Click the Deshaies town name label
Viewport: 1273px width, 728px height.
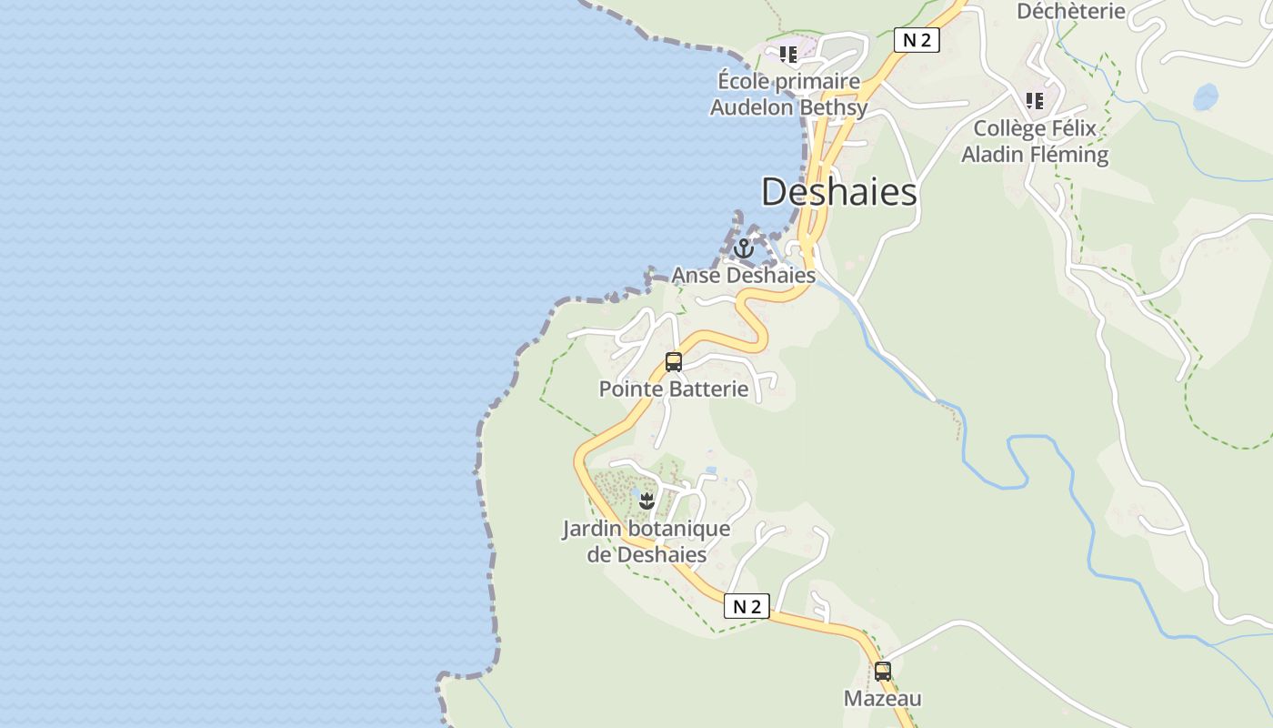tap(838, 192)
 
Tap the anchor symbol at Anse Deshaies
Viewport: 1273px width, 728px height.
tap(744, 248)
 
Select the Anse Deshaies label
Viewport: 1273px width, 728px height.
tap(743, 275)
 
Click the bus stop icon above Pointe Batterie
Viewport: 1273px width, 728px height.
tap(673, 361)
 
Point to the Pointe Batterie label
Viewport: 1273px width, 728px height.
tap(673, 389)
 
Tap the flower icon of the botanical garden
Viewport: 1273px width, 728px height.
tap(647, 500)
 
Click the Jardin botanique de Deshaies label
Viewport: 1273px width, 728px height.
tap(647, 541)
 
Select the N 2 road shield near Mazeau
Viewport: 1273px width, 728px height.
tap(747, 606)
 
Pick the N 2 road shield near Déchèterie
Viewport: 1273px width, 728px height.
tap(916, 39)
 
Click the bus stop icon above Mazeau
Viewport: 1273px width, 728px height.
tap(882, 672)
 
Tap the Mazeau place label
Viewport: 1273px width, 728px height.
tap(882, 699)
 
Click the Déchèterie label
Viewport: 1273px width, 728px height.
tap(1070, 11)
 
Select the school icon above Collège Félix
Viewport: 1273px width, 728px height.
tap(1034, 100)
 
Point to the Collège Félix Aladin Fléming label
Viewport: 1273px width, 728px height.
tap(1035, 141)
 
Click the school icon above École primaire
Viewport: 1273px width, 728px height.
tap(788, 54)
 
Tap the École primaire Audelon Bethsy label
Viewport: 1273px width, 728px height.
tap(788, 95)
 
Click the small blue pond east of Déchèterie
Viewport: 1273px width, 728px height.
tap(1206, 96)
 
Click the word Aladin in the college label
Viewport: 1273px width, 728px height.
tap(995, 154)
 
